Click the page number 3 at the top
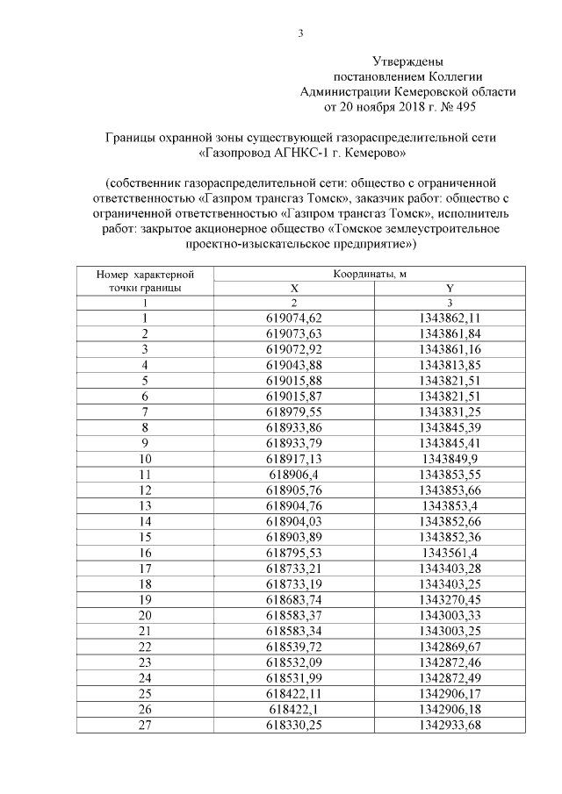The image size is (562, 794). pos(300,34)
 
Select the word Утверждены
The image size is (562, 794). pos(408,62)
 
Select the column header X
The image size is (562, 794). pos(294,288)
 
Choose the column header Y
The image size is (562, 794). pos(450,288)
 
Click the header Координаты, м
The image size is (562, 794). pos(370,275)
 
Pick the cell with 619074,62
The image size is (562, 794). pos(294,318)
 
